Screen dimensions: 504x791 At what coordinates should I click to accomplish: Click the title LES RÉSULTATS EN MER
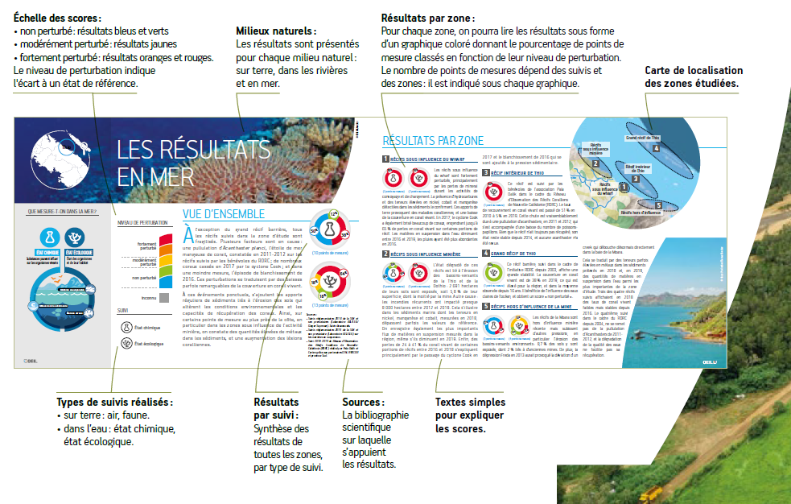193,160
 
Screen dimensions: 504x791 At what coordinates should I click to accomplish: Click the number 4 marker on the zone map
657,148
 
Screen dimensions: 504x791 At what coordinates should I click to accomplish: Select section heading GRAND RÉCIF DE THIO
516,254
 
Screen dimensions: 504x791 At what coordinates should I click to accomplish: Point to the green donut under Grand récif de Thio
492,270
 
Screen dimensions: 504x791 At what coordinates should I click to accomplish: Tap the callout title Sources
362,402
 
